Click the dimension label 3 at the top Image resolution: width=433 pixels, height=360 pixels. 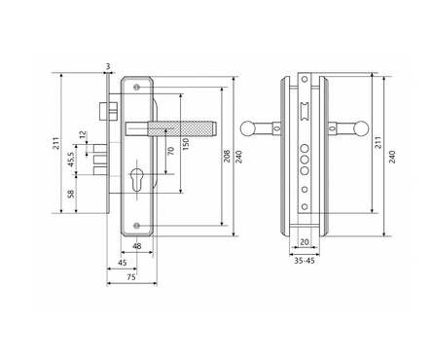coord(108,66)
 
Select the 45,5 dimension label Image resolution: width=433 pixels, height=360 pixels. coord(71,160)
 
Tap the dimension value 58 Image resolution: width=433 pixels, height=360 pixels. coord(71,194)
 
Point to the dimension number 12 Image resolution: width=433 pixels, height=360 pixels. coord(83,134)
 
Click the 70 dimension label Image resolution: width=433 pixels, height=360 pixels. coord(171,151)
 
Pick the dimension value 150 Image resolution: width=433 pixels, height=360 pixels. coord(186,144)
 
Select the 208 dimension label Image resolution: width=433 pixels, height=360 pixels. coord(227,156)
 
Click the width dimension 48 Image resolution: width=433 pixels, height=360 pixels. coord(137,246)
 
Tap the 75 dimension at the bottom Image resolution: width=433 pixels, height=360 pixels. coord(130,277)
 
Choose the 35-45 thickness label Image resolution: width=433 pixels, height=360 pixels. coord(305,261)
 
